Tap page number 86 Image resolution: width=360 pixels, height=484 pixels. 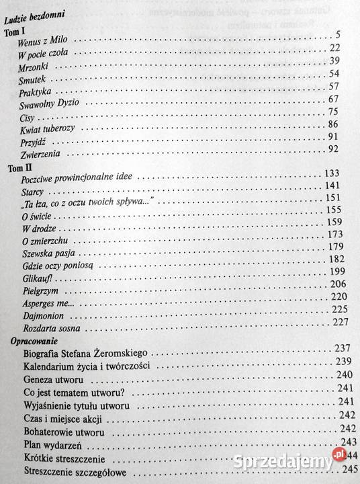[x=332, y=124]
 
